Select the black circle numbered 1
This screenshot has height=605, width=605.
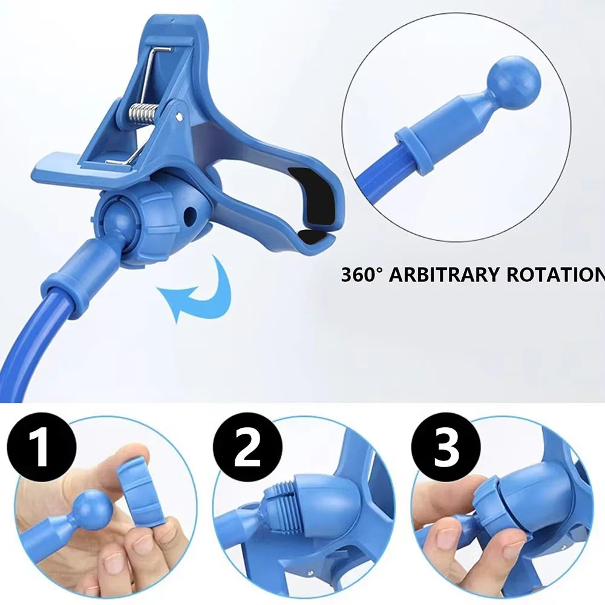pyautogui.click(x=41, y=448)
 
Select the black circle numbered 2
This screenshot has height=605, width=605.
pyautogui.click(x=247, y=448)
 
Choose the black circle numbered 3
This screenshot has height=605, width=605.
pyautogui.click(x=446, y=448)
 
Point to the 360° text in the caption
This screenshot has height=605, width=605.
pyautogui.click(x=362, y=274)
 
